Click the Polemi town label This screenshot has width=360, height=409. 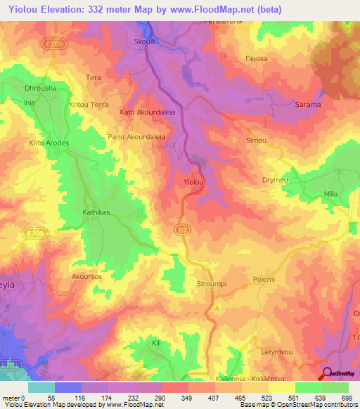point(264,279)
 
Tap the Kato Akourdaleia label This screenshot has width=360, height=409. point(147,112)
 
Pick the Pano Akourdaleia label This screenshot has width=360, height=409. point(136,138)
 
